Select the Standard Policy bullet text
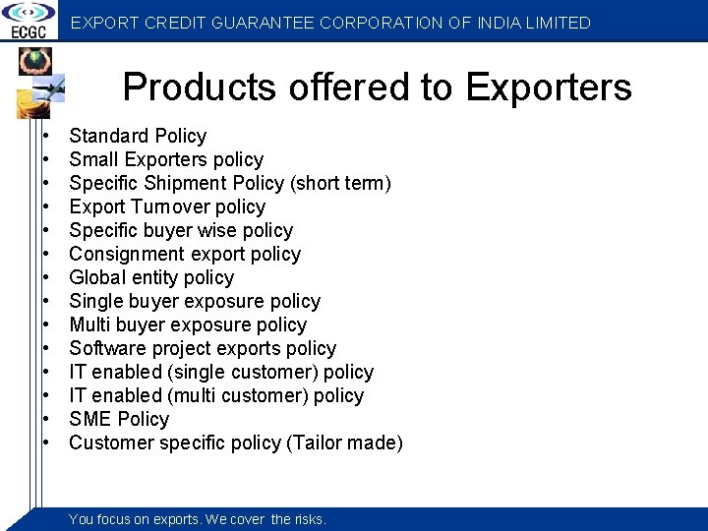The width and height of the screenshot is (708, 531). (138, 136)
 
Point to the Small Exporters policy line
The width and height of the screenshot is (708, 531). (166, 159)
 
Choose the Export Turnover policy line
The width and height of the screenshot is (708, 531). (167, 206)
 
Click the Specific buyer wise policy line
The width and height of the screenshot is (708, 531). (181, 230)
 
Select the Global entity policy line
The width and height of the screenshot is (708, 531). (151, 277)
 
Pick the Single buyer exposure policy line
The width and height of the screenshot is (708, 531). (195, 301)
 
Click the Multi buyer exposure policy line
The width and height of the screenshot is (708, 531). (188, 324)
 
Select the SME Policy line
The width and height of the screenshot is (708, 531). (119, 419)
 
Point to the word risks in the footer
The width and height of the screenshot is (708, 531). (309, 519)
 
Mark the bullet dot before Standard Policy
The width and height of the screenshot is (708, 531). (46, 136)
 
